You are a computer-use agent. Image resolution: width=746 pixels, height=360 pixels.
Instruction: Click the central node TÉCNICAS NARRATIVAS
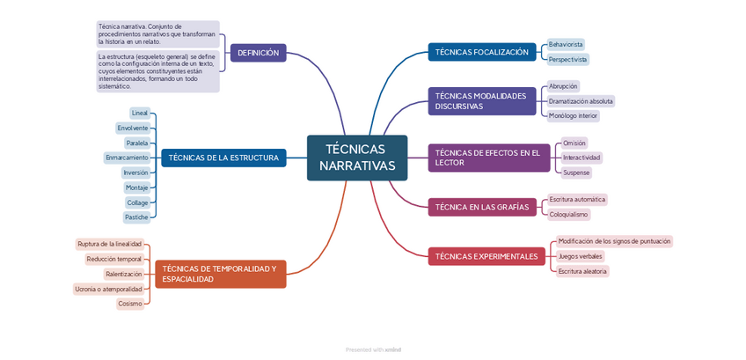(357, 158)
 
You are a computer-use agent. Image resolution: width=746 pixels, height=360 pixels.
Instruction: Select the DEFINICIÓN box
(258, 53)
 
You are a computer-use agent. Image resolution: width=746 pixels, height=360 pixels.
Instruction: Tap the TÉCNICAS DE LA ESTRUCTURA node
(223, 158)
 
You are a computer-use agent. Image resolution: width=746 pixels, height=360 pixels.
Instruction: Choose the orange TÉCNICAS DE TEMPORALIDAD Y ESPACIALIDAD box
(221, 273)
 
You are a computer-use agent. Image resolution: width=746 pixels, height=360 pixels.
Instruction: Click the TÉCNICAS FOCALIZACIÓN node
(482, 52)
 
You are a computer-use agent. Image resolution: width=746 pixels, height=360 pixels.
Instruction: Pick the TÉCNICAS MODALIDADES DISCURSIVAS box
(482, 100)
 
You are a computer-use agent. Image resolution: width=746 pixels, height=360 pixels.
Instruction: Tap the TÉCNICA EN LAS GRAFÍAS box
(482, 207)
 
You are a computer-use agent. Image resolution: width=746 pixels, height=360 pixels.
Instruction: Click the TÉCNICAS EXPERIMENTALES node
(486, 256)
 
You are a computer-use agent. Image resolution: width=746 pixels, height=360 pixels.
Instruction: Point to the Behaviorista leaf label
(566, 44)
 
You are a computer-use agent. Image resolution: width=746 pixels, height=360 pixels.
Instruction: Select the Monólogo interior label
(573, 115)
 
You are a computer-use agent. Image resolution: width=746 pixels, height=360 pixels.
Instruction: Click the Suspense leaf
(576, 173)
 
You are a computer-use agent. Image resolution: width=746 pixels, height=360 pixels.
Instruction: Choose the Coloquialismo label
(568, 214)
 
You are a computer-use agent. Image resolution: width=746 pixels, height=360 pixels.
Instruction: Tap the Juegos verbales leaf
(581, 256)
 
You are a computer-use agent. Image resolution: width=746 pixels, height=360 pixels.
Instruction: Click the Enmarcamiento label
(127, 158)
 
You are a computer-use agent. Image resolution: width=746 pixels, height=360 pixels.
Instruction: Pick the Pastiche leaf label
(136, 217)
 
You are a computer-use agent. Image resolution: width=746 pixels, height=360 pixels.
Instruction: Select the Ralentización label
(123, 274)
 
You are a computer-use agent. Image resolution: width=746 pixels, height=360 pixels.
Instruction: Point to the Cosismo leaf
(129, 304)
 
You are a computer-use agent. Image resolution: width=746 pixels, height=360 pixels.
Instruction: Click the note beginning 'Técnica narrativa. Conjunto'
(157, 33)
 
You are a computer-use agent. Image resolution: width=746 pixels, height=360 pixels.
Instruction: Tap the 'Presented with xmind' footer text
(373, 349)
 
